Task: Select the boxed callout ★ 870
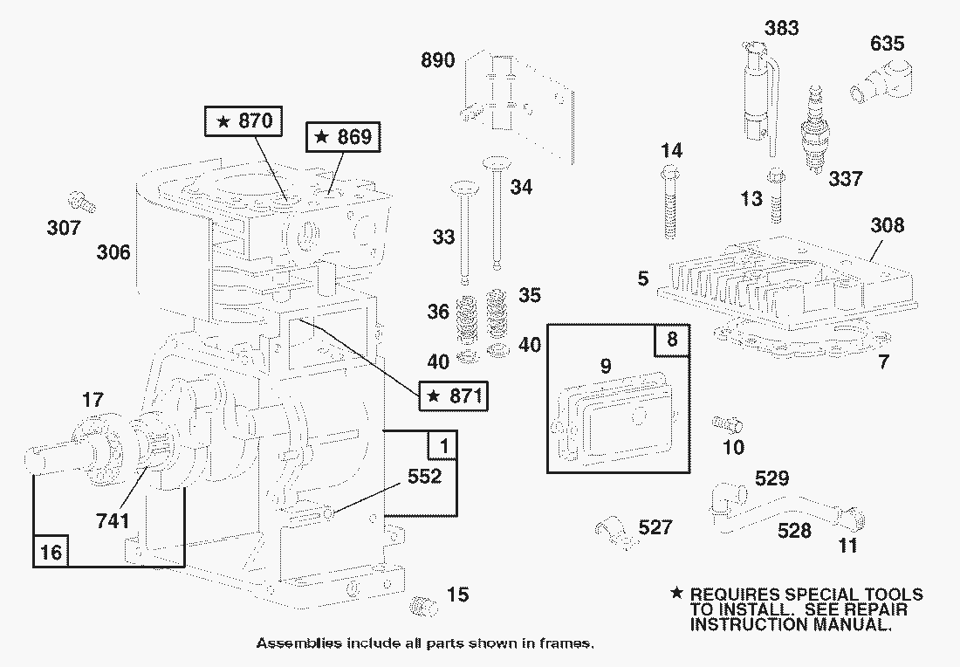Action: point(243,121)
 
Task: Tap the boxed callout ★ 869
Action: point(343,137)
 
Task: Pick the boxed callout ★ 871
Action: point(453,396)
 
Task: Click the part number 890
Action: point(437,60)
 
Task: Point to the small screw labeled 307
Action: point(83,203)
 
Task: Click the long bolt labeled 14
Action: point(669,203)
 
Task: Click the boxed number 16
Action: point(51,552)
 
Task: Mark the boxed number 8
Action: point(671,340)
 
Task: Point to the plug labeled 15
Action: point(423,605)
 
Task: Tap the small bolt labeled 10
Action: point(727,424)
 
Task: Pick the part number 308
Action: point(887,225)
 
